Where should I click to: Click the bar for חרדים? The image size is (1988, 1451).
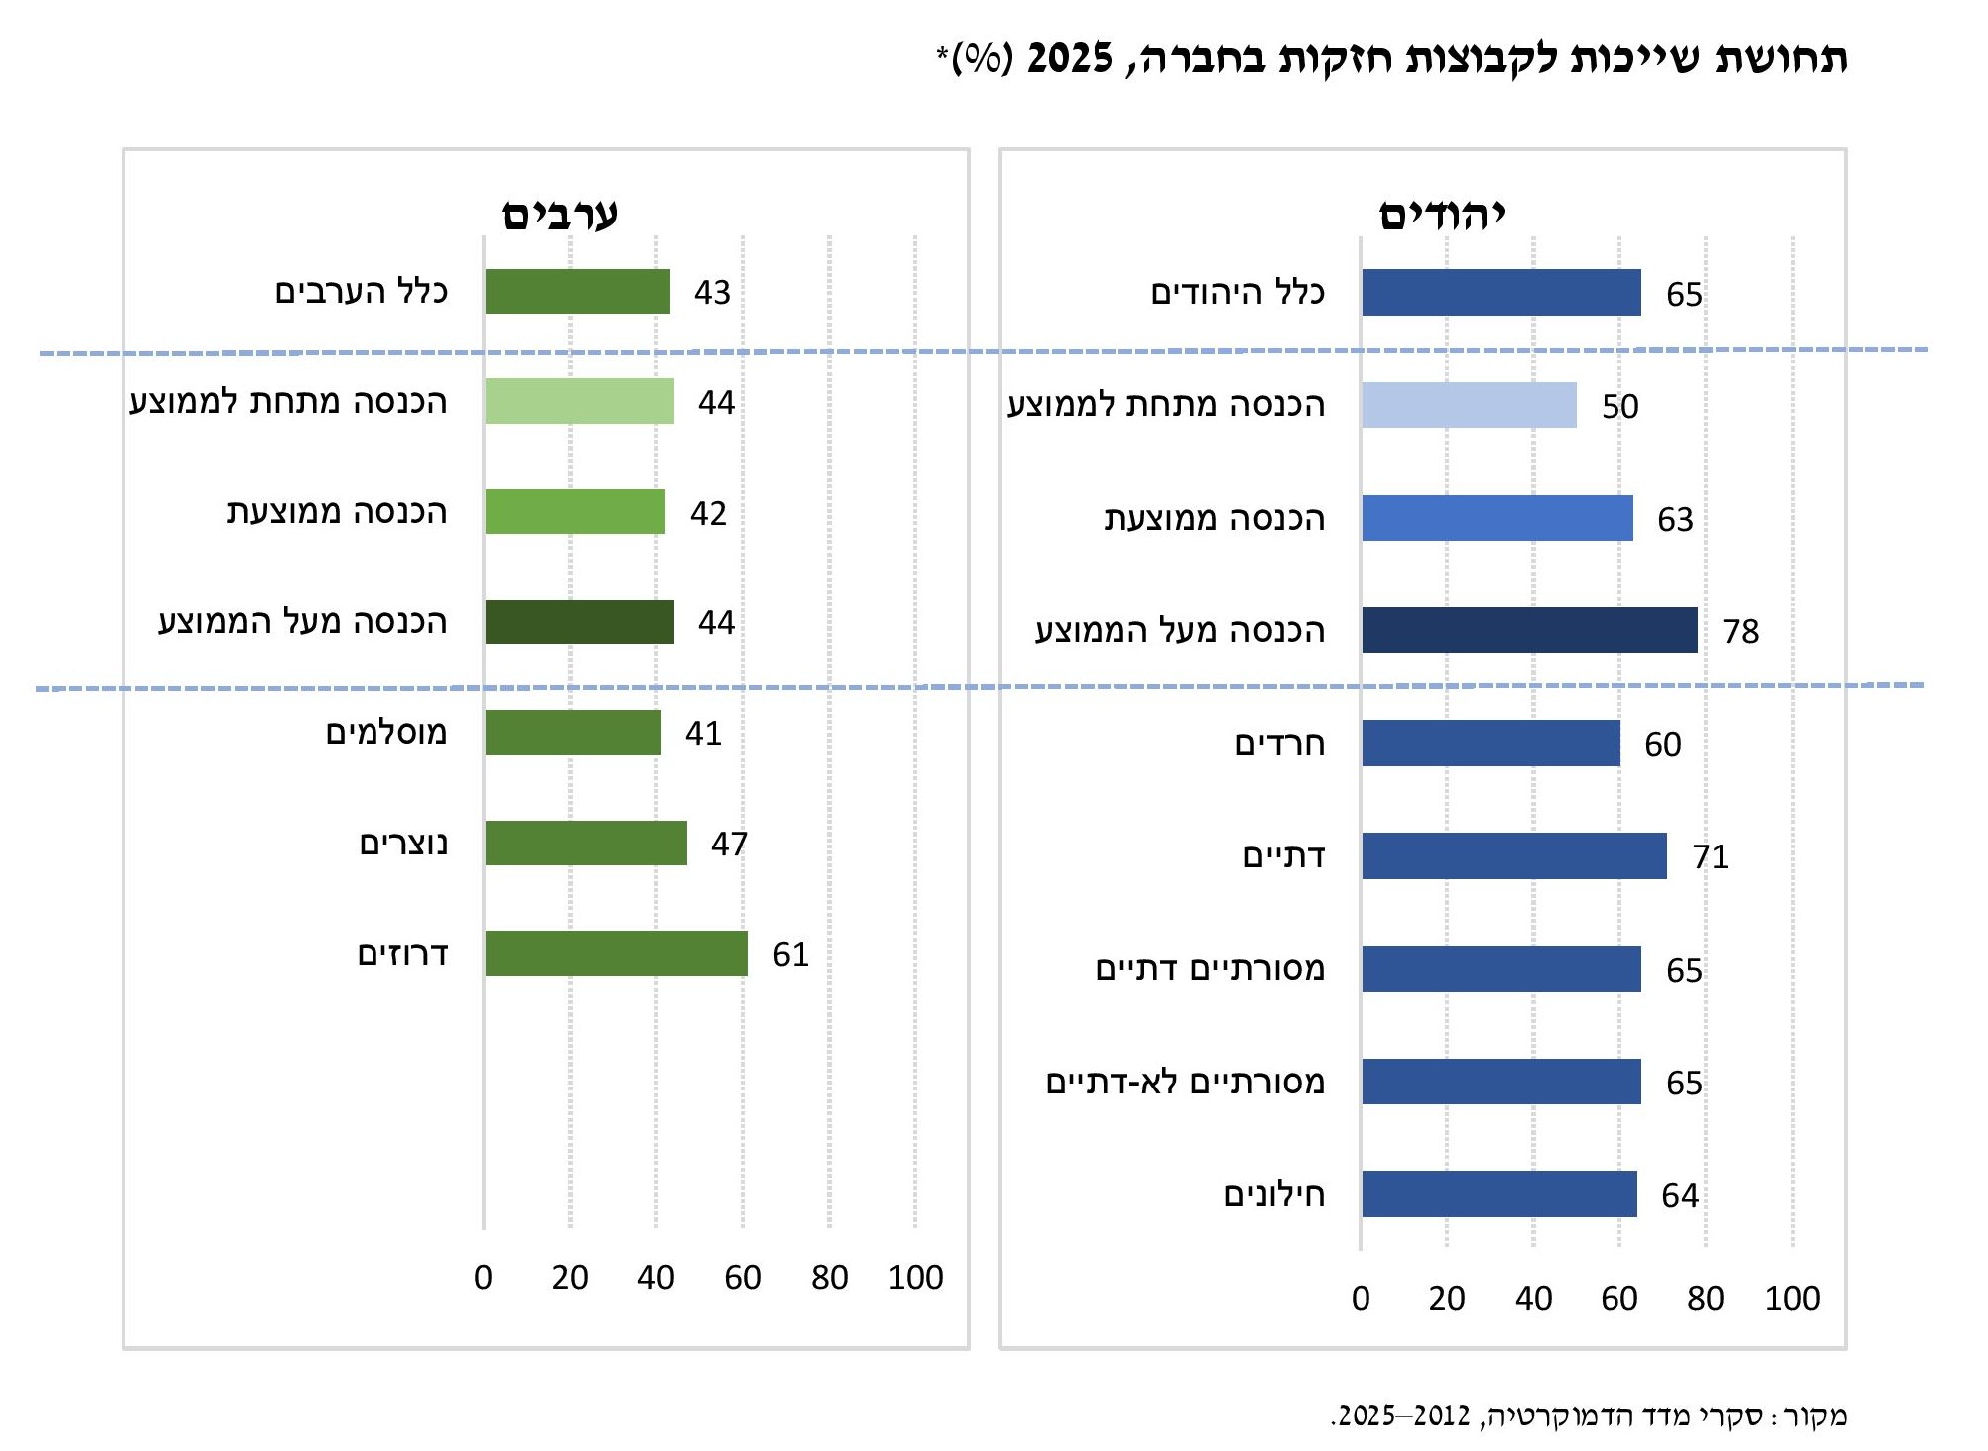pos(1490,743)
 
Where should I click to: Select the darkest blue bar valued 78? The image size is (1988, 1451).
pos(1529,630)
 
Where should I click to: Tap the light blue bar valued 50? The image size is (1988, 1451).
pos(1468,405)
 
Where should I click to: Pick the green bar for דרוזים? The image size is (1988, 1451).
pos(616,953)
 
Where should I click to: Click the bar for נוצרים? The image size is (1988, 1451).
pos(586,843)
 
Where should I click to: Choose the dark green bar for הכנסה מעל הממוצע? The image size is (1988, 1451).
pos(579,621)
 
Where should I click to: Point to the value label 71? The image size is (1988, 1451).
pos(1710,856)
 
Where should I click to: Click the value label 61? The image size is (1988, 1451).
pos(790,954)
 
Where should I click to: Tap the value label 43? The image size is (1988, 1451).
pos(712,292)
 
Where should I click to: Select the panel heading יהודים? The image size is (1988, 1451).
pos(1441,214)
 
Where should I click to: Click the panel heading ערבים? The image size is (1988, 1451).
pos(559,214)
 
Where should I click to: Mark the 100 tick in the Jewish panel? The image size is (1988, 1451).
pos(1792,1298)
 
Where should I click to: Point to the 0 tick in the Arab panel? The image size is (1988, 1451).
pos(483,1277)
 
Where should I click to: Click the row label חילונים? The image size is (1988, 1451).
pos(1274,1194)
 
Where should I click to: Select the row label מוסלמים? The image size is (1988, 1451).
pos(386,733)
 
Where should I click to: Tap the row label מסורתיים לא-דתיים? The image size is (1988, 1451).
pos(1184,1082)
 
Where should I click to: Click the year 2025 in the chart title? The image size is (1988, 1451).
pos(1069,58)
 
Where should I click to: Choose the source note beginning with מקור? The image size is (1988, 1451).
pos(1588,1415)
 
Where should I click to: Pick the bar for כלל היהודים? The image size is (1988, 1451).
pos(1500,292)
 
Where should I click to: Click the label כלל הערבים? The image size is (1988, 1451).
pos(361,292)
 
